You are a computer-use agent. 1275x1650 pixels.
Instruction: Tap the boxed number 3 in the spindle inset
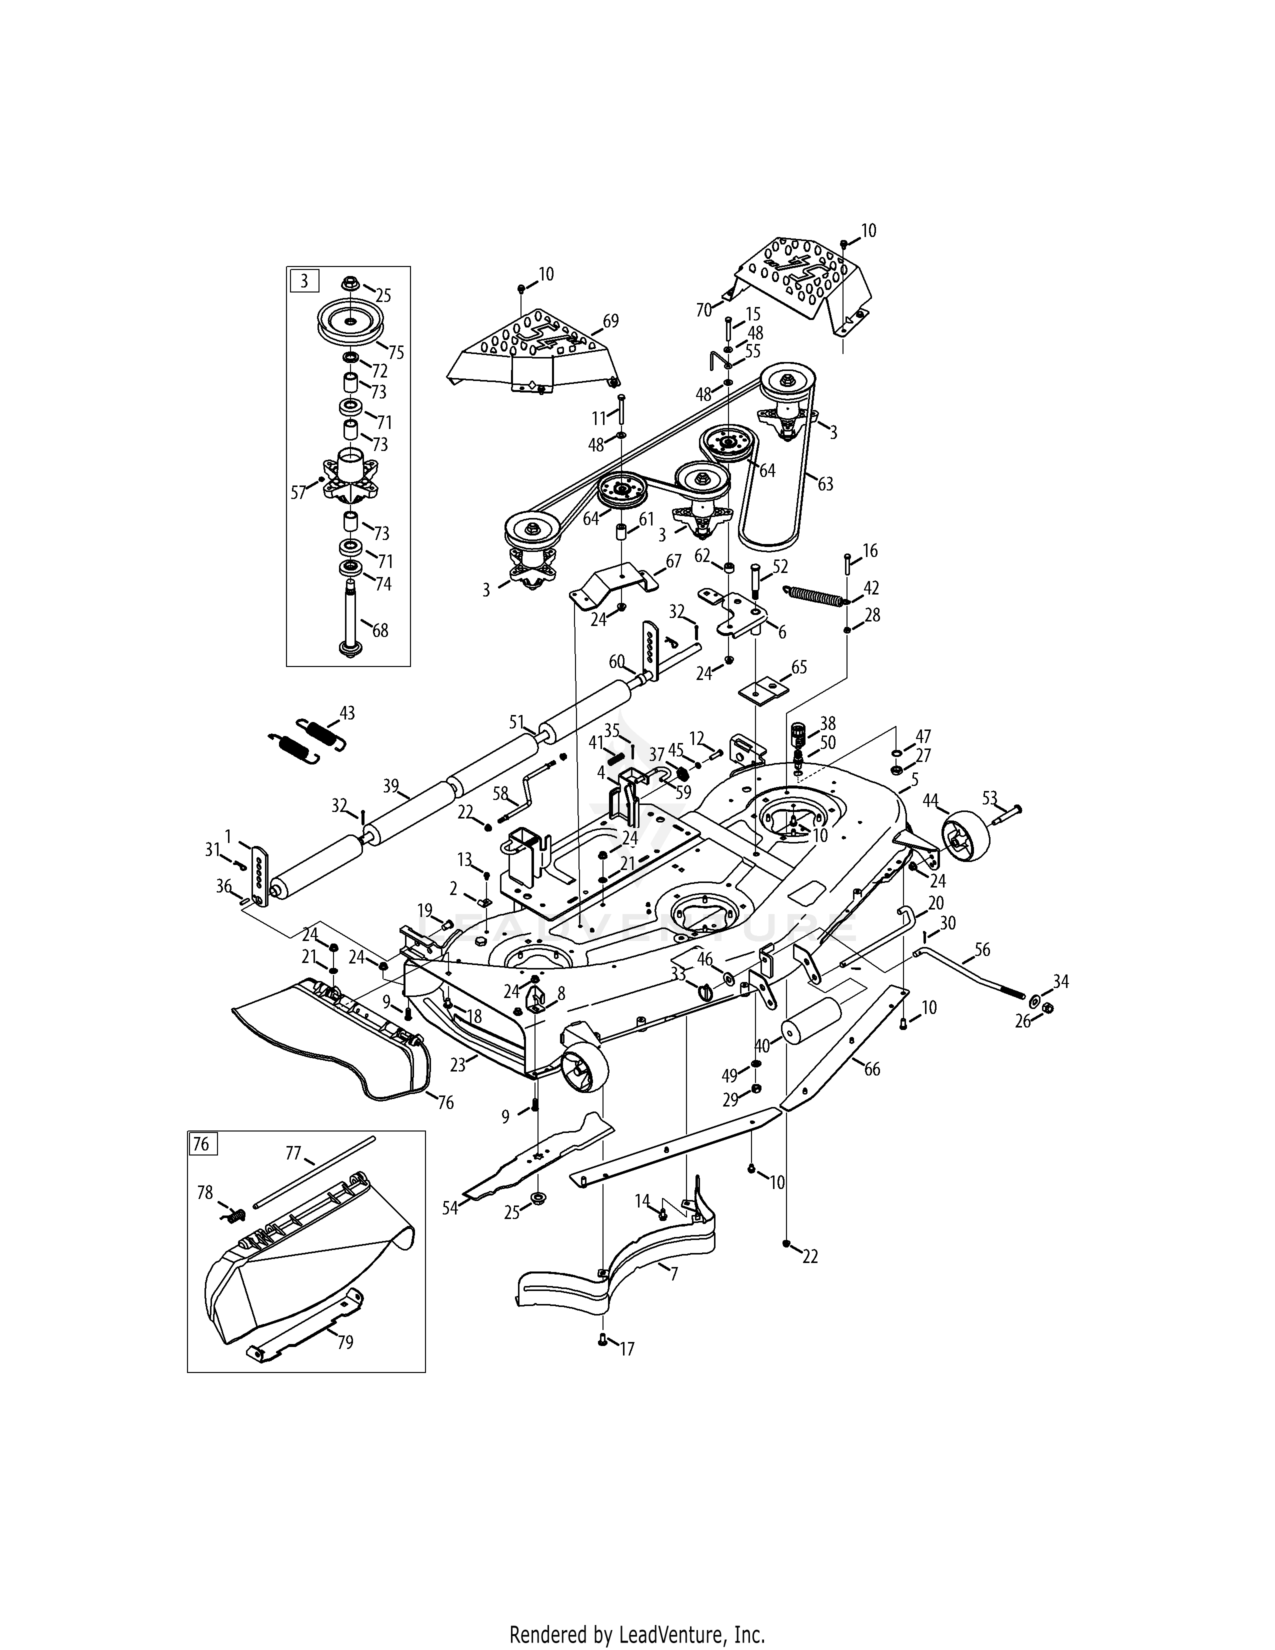[304, 281]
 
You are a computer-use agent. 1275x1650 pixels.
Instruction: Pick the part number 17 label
[627, 1348]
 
